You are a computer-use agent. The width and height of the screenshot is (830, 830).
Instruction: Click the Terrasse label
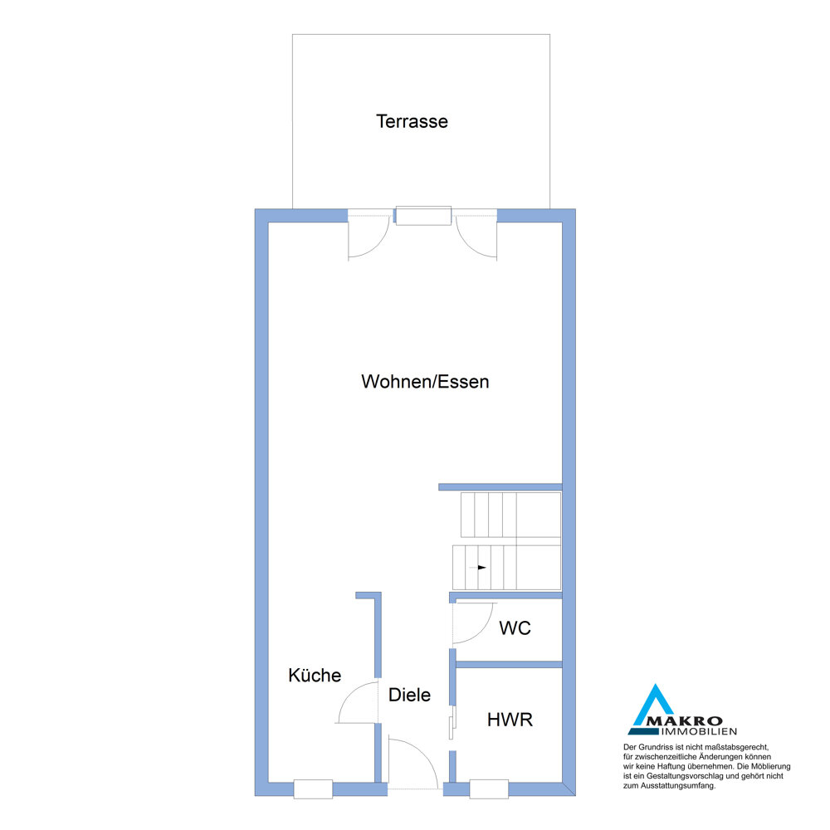pyautogui.click(x=412, y=121)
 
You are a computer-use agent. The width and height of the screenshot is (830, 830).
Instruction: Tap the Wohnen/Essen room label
pyautogui.click(x=425, y=382)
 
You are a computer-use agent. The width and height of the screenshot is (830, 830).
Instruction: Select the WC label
pyautogui.click(x=515, y=627)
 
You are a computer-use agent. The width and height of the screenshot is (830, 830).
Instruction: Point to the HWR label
pyautogui.click(x=510, y=720)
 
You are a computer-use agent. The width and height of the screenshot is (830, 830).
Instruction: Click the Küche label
pyautogui.click(x=315, y=675)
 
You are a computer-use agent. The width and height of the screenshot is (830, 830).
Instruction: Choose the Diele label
pyautogui.click(x=409, y=695)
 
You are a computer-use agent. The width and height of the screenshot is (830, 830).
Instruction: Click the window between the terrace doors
pyautogui.click(x=423, y=216)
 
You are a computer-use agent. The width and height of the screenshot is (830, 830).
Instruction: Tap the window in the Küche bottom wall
pyautogui.click(x=313, y=788)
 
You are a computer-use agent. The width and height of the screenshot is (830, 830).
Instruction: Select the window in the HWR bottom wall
pyautogui.click(x=489, y=788)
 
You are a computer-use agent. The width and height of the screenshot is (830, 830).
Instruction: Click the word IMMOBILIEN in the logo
pyautogui.click(x=699, y=731)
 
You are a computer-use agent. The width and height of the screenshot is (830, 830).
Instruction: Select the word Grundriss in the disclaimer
pyautogui.click(x=656, y=748)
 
